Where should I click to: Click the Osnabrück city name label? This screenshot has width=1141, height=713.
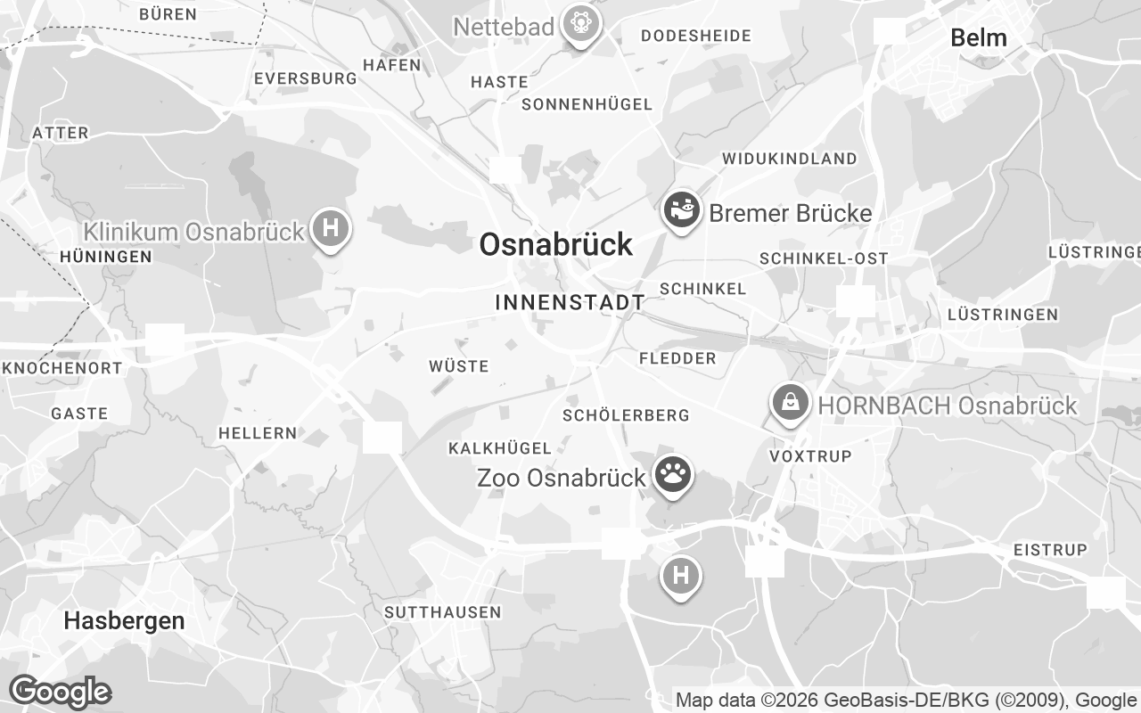(x=556, y=244)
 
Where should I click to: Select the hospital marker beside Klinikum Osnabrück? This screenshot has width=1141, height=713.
(x=331, y=228)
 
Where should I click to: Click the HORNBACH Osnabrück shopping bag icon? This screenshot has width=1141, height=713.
(x=791, y=403)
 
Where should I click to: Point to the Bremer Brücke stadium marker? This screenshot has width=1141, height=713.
(x=682, y=211)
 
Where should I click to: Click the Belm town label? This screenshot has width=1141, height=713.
(x=978, y=37)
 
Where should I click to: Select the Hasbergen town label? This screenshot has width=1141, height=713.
(x=124, y=621)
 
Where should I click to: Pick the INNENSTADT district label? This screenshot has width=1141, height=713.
(x=570, y=302)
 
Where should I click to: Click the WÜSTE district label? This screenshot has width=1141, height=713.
(x=458, y=366)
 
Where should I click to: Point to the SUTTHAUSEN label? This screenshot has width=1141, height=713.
(x=442, y=612)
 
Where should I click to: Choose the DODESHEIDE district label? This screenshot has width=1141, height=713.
(x=695, y=37)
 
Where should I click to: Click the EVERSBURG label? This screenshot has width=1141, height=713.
(x=305, y=78)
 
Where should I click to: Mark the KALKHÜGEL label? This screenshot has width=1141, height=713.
(x=500, y=447)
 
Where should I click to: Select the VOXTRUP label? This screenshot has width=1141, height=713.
(x=810, y=455)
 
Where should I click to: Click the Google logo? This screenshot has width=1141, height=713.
(x=60, y=692)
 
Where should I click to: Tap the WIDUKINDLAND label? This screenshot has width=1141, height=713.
(x=789, y=159)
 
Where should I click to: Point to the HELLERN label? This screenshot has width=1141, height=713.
(x=258, y=433)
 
